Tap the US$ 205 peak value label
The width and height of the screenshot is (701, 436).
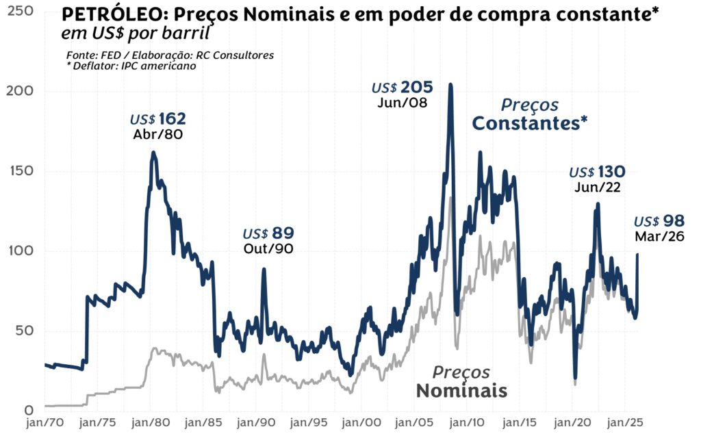click(x=403, y=88)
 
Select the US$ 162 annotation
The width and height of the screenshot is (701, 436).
click(x=158, y=119)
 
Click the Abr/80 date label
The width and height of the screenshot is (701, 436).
click(x=158, y=134)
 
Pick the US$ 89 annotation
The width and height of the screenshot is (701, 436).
click(x=268, y=233)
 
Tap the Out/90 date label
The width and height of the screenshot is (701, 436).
click(x=268, y=248)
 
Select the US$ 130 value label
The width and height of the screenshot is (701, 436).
click(x=597, y=172)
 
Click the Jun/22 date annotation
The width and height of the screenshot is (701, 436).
click(x=598, y=187)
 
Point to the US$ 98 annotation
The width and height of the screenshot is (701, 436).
click(x=659, y=222)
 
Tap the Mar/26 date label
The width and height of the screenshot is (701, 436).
click(x=659, y=237)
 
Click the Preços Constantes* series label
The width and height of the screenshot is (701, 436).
click(x=530, y=114)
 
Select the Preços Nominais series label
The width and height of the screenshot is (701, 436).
click(x=461, y=382)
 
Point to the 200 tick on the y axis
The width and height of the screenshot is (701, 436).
click(x=21, y=91)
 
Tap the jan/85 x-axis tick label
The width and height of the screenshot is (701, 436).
click(x=203, y=423)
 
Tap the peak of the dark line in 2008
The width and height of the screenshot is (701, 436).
click(x=450, y=85)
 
